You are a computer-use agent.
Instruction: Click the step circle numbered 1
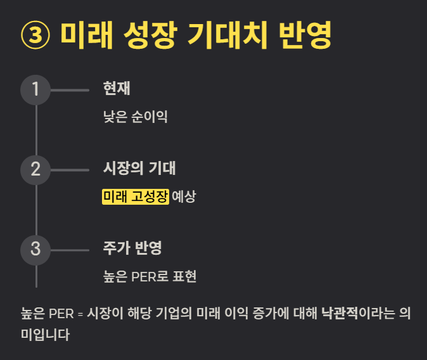pos(35,89)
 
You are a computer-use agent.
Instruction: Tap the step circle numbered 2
pos(35,169)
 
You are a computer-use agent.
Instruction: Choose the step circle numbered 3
pos(35,249)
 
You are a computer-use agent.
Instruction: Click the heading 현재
pos(117,89)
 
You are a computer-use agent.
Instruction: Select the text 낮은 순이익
pos(135,117)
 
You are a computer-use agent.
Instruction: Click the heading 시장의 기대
pos(139,169)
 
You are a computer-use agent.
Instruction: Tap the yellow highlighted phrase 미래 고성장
pos(136,196)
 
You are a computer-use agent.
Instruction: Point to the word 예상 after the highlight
pos(184,196)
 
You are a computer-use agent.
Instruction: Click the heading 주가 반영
pos(132,248)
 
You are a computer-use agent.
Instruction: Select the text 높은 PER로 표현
pos(150,276)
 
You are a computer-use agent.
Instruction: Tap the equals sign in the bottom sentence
pos(80,314)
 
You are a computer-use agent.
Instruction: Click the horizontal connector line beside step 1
pos(69,90)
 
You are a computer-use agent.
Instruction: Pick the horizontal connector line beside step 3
pos(69,250)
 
